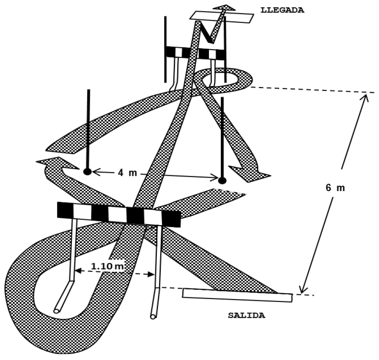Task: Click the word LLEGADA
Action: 282,10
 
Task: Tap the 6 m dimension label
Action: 335,187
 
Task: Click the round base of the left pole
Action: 87,171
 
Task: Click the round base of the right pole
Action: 222,180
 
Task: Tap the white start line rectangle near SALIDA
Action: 237,295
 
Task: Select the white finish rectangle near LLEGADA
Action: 222,16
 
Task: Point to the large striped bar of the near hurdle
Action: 119,214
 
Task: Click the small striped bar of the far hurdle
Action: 195,54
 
